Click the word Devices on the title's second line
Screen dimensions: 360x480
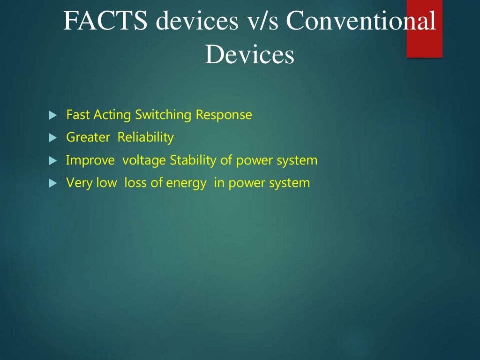point(249,55)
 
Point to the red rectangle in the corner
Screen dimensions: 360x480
point(424,29)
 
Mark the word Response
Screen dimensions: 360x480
point(224,115)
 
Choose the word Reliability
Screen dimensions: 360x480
point(145,137)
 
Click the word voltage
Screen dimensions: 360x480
point(144,161)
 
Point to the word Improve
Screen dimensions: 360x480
point(90,160)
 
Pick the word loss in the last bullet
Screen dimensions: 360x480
point(135,183)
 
